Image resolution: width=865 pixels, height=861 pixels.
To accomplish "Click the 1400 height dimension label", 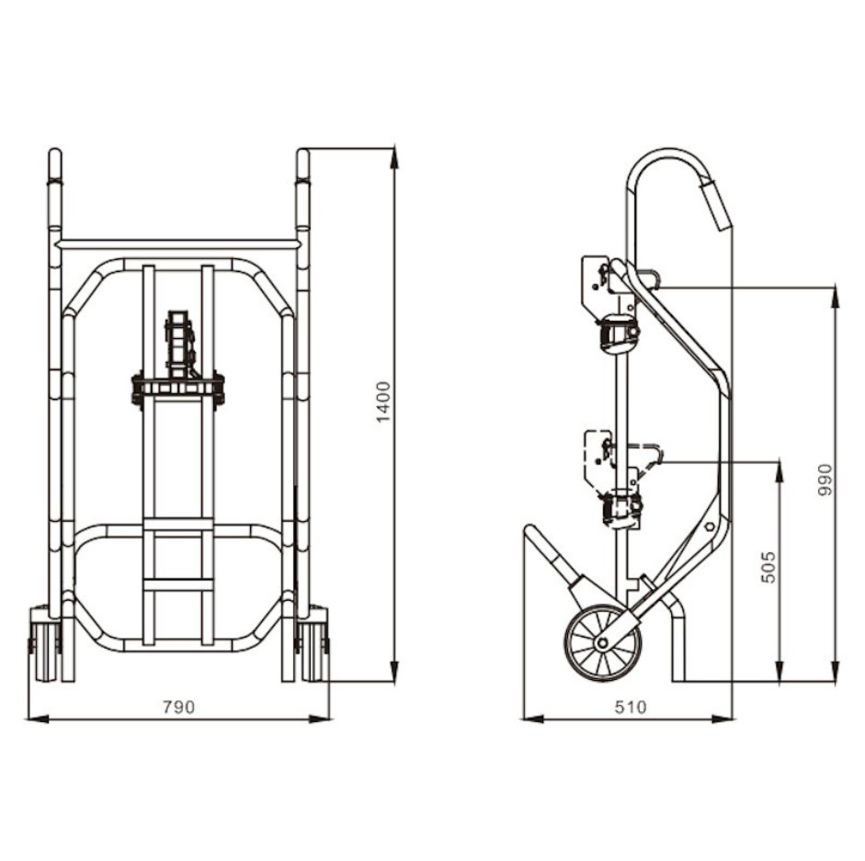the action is click(x=383, y=402).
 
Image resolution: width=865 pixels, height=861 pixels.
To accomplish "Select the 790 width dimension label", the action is click(x=178, y=707).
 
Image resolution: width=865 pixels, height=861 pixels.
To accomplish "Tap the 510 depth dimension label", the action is click(x=630, y=707).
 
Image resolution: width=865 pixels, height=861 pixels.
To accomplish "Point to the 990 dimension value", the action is click(x=825, y=480).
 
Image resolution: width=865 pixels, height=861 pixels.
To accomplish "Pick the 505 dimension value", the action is click(x=768, y=567).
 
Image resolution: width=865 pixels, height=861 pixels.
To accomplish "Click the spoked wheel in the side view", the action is click(x=602, y=642).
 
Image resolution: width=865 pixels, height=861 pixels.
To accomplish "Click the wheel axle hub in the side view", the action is click(x=602, y=642).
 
